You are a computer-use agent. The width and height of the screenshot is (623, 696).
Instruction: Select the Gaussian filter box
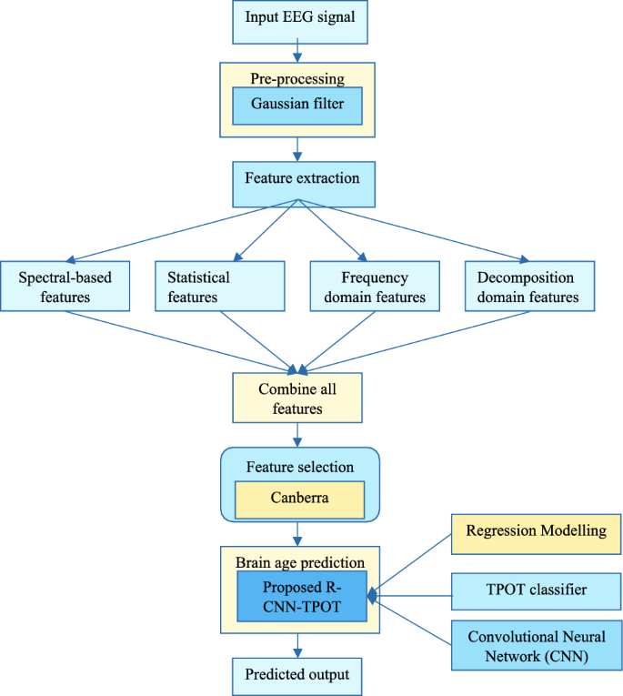point(297,106)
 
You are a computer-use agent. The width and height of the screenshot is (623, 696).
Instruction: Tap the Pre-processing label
point(297,78)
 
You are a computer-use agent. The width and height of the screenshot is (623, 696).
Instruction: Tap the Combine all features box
point(297,398)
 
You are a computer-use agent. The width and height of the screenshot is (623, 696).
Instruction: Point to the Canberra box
point(299,499)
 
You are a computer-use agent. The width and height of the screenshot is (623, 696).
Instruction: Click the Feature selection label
point(299,467)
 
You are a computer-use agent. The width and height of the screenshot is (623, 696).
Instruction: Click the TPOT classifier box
point(536,591)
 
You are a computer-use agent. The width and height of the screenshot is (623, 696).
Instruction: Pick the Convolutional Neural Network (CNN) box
point(536,647)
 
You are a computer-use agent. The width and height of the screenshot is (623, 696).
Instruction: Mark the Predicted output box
point(297,676)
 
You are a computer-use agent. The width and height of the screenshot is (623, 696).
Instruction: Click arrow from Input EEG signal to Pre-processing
point(297,50)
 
